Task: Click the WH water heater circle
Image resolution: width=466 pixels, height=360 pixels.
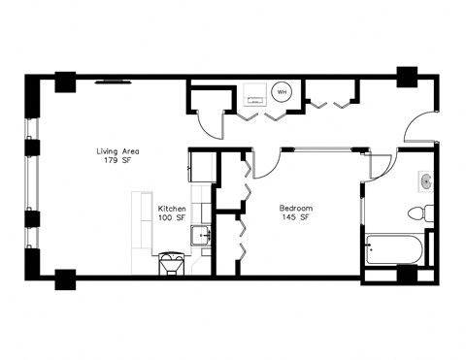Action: click(x=283, y=93)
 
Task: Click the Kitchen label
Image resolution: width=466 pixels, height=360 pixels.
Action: click(x=172, y=209)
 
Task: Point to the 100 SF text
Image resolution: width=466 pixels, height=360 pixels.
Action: click(x=172, y=218)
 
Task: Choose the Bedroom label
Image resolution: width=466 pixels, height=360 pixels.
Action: click(x=295, y=208)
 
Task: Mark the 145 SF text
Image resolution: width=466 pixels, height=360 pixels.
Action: click(x=295, y=218)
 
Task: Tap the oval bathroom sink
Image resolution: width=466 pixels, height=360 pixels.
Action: click(x=425, y=181)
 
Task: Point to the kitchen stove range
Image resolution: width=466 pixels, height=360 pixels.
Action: click(x=171, y=263)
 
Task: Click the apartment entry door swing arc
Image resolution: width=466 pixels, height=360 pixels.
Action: click(x=419, y=129)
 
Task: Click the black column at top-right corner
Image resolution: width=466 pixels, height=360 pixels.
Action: click(x=407, y=78)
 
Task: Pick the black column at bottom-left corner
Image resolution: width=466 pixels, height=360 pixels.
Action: click(x=65, y=278)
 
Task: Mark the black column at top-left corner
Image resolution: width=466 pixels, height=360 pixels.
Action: click(x=65, y=82)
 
